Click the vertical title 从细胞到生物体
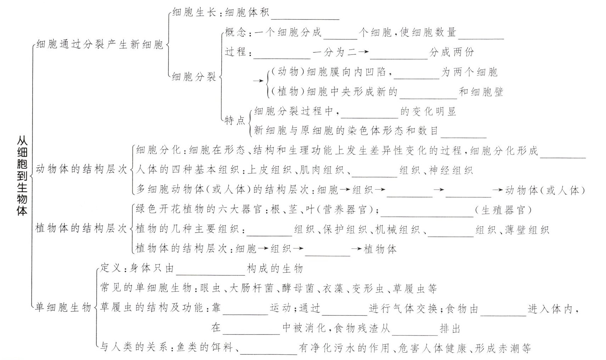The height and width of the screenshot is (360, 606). pos(22,176)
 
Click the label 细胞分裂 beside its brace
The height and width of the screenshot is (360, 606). pos(194,76)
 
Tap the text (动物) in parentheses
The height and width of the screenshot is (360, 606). pos(287,72)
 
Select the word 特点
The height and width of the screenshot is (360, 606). pos(235,121)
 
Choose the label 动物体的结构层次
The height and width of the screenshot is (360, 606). pos(81,170)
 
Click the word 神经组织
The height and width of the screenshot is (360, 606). pos(451,171)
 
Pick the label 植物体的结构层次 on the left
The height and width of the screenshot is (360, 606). pos(81,228)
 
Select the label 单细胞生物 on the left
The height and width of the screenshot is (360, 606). pos(63,308)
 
